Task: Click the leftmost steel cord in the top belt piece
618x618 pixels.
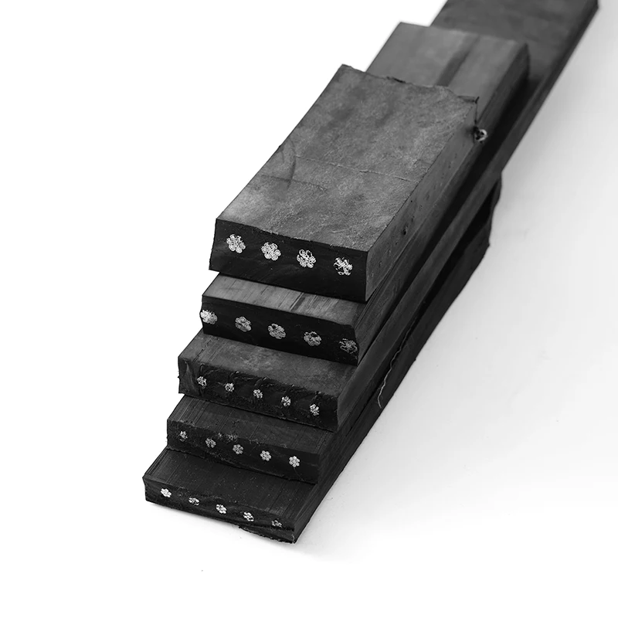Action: pyautogui.click(x=235, y=244)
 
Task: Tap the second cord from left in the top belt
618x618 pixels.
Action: pyautogui.click(x=270, y=250)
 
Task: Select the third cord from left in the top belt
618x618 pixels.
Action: pyautogui.click(x=307, y=258)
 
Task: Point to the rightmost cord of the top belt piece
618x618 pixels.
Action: pyautogui.click(x=342, y=267)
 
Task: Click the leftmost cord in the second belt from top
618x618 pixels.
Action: pyautogui.click(x=208, y=316)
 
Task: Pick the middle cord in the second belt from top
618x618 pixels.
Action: pyautogui.click(x=277, y=331)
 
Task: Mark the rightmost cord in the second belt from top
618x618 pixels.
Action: pyautogui.click(x=348, y=346)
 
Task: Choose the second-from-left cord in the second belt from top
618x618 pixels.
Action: pyautogui.click(x=243, y=324)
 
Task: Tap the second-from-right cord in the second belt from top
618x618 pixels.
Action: pyautogui.click(x=312, y=338)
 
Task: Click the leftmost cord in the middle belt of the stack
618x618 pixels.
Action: pyautogui.click(x=202, y=380)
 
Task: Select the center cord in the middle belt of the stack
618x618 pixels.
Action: pyautogui.click(x=257, y=393)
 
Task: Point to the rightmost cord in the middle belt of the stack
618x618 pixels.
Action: pyautogui.click(x=314, y=409)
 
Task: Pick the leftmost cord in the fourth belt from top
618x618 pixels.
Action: pyautogui.click(x=183, y=435)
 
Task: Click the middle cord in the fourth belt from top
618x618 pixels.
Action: pyautogui.click(x=237, y=448)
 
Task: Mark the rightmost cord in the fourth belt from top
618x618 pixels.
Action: pyautogui.click(x=294, y=461)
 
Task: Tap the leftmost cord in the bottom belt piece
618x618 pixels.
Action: pyautogui.click(x=165, y=492)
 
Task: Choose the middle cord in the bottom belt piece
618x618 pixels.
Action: pyautogui.click(x=222, y=508)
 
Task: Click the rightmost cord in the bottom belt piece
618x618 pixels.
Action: pyautogui.click(x=276, y=523)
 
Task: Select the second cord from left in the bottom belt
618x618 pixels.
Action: pyautogui.click(x=193, y=501)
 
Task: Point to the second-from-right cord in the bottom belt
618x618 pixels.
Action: pyautogui.click(x=249, y=515)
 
